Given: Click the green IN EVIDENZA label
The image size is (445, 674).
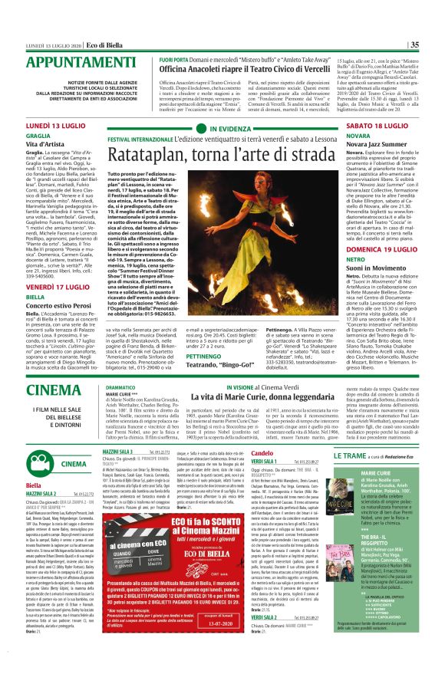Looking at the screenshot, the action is [x=215, y=130].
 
